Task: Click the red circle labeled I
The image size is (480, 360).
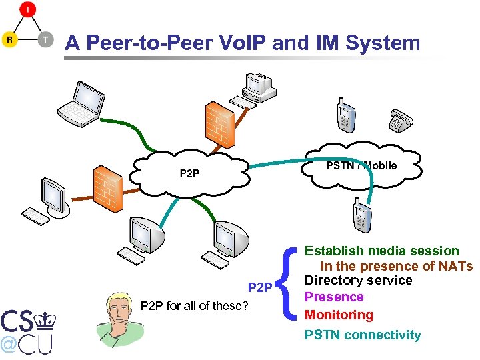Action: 27,10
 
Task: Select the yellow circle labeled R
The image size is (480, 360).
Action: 10,39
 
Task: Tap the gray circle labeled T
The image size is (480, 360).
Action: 45,39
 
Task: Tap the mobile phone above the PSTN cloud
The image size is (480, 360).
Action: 345,116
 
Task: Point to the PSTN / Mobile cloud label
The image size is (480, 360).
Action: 361,165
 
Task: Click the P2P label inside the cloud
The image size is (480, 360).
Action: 189,174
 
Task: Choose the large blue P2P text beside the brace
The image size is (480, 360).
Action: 260,287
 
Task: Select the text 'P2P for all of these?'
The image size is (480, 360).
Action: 195,306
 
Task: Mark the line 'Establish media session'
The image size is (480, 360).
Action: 381,251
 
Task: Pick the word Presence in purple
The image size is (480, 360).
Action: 334,297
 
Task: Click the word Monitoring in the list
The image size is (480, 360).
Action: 339,314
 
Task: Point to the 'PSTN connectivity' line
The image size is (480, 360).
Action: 363,335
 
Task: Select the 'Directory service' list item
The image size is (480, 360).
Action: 359,281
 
